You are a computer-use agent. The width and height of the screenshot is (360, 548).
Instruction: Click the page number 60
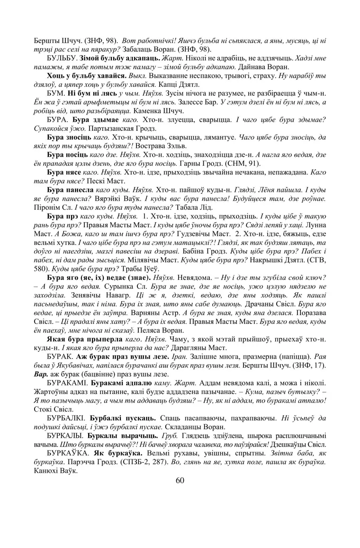[x=180, y=480]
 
